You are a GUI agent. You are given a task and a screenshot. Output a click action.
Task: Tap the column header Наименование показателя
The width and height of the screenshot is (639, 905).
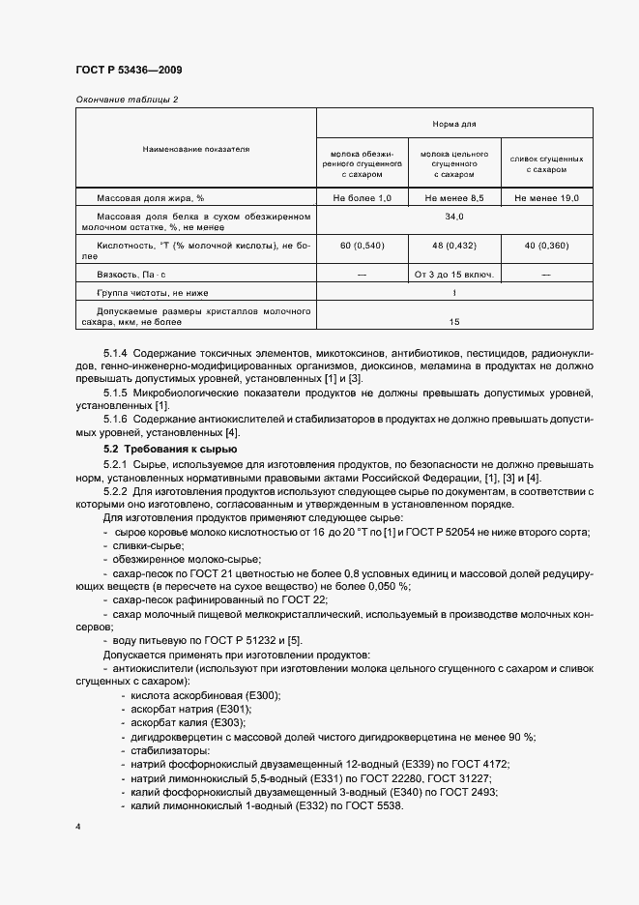click(x=196, y=150)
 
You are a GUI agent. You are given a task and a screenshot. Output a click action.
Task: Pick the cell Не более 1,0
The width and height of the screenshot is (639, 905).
click(x=363, y=198)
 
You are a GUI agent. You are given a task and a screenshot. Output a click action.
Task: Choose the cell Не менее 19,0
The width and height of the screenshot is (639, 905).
click(x=546, y=198)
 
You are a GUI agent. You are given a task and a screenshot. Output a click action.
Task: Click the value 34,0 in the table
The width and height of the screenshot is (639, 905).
click(x=454, y=217)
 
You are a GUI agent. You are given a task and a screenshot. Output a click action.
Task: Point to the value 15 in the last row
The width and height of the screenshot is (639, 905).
click(x=454, y=321)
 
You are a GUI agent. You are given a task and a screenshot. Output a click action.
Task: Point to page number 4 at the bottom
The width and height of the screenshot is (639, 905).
click(x=77, y=828)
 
